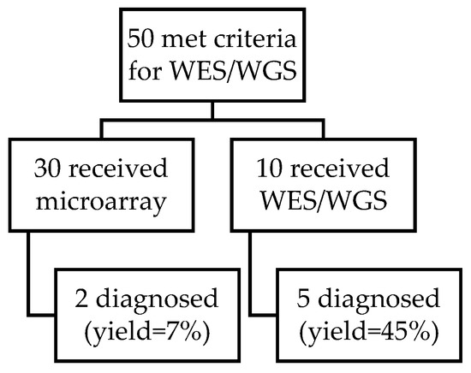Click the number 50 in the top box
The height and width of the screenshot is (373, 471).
pos(140,40)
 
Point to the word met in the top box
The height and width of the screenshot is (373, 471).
pos(184,40)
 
